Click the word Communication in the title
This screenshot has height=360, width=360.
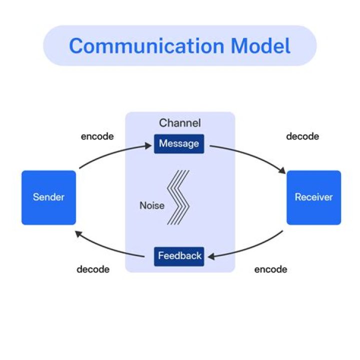pyautogui.click(x=147, y=46)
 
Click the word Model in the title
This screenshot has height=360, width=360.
pyautogui.click(x=260, y=46)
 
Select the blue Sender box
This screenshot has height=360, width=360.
pyautogui.click(x=48, y=197)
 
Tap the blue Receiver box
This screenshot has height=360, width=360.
pyautogui.click(x=313, y=197)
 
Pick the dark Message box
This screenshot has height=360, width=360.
pyautogui.click(x=179, y=144)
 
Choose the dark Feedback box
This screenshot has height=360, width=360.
pyautogui.click(x=179, y=256)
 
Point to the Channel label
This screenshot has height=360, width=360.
pyautogui.click(x=179, y=123)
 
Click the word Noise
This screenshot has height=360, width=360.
pyautogui.click(x=152, y=205)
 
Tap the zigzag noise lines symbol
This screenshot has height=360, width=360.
pyautogui.click(x=179, y=197)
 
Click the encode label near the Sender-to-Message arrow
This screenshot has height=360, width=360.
pyautogui.click(x=97, y=136)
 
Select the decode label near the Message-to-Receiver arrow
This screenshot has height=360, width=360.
pyautogui.click(x=302, y=136)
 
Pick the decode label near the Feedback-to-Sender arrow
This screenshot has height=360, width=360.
pyautogui.click(x=92, y=269)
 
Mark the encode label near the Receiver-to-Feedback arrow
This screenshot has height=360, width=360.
pyautogui.click(x=270, y=269)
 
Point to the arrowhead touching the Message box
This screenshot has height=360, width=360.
pyautogui.click(x=148, y=145)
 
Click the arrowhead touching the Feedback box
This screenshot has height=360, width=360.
pyautogui.click(x=211, y=256)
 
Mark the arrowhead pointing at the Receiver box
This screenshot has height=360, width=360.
pyautogui.click(x=281, y=171)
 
